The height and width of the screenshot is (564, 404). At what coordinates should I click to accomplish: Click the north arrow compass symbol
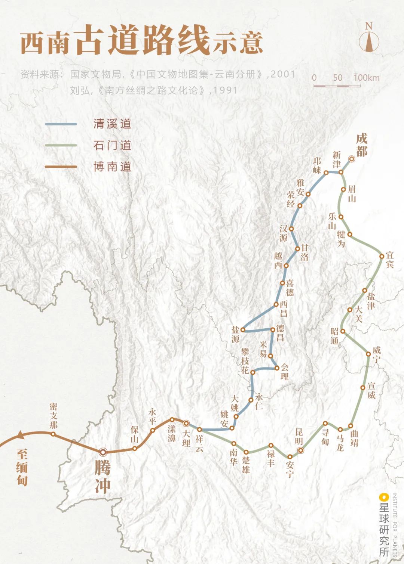coord(369,39)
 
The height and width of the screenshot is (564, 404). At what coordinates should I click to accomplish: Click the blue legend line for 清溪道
coord(61,124)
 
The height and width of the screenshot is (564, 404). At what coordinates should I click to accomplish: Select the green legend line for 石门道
coord(61,145)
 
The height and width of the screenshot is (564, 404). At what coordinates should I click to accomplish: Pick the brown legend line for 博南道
coord(61,167)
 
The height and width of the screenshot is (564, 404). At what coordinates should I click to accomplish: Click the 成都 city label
coord(361,145)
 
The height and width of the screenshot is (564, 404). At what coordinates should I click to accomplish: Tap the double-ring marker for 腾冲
coord(103,452)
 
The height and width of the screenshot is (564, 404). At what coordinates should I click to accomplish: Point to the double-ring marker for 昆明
coord(300,450)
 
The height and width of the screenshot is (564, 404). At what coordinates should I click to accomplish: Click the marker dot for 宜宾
coord(382,256)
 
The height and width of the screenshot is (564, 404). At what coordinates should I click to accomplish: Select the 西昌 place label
coord(284,309)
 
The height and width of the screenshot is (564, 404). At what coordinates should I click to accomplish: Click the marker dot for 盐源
coord(243,330)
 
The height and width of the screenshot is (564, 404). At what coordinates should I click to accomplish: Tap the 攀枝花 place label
coord(245,361)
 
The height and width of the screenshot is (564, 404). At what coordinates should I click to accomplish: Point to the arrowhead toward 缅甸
coord(20,435)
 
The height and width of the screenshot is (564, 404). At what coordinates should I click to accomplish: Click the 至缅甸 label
coord(22,467)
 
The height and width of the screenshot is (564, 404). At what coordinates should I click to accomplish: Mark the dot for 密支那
coord(53,434)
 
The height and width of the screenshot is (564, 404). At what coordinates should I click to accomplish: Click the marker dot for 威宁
coord(368,354)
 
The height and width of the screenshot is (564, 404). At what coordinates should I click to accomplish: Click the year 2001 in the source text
coord(283,74)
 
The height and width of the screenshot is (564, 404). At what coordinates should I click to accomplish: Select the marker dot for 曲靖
coord(351,425)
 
